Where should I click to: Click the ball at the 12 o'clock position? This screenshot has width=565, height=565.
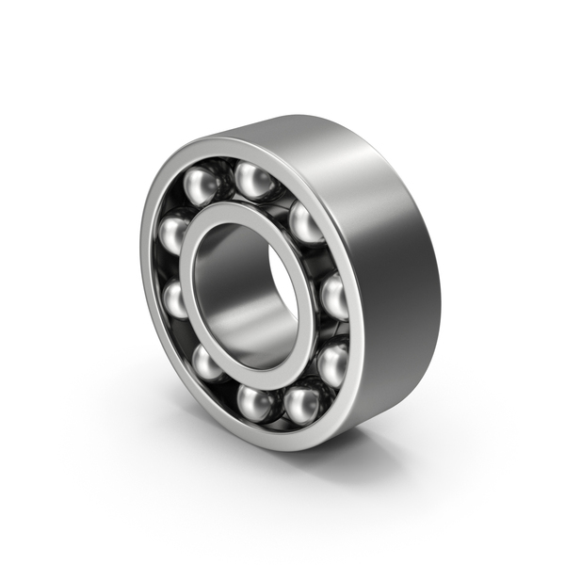(254, 179)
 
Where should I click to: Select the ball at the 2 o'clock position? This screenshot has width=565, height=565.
(305, 222)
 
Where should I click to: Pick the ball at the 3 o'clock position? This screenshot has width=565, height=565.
(334, 297)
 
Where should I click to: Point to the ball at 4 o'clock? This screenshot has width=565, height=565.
(331, 362)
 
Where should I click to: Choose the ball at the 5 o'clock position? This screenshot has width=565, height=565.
(303, 403)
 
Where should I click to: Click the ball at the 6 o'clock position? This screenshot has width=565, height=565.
(255, 402)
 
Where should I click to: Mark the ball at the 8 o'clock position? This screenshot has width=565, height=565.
(207, 361)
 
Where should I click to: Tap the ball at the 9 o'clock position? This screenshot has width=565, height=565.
(177, 299)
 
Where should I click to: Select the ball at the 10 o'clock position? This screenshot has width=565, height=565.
(175, 232)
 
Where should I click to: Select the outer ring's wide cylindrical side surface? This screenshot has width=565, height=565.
(395, 282)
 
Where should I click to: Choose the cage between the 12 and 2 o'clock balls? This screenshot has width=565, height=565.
(282, 196)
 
